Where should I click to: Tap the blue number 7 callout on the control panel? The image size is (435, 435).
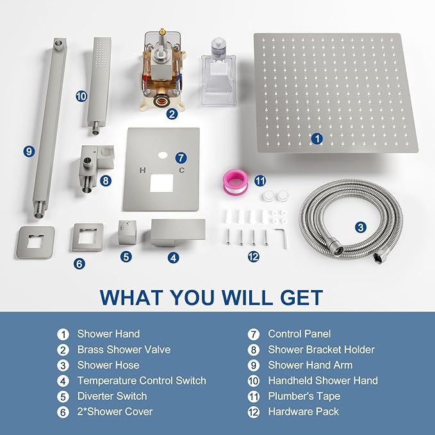tap(181, 158)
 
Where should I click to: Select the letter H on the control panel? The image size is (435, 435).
tap(142, 170)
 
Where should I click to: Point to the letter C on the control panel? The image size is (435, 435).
tap(182, 170)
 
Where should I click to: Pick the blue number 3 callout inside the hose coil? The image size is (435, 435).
tap(361, 227)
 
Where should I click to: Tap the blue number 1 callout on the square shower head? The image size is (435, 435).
tap(317, 138)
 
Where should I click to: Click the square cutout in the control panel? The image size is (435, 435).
tap(161, 183)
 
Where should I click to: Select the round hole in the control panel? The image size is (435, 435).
tap(163, 156)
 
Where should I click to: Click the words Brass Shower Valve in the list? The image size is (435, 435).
tap(124, 350)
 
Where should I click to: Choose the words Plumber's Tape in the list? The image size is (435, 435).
tap(304, 396)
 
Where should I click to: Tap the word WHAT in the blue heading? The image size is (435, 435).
tap(131, 297)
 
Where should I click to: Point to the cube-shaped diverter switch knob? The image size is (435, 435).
tap(127, 233)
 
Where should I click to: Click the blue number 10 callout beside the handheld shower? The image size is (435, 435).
tap(81, 97)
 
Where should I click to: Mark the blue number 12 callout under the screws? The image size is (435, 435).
tap(253, 257)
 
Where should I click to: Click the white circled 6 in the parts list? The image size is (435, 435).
tap(63, 412)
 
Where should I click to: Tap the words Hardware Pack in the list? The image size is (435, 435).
tap(303, 412)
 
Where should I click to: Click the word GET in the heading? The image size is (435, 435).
tap(301, 297)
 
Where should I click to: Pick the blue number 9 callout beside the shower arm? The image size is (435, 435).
tap(29, 151)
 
